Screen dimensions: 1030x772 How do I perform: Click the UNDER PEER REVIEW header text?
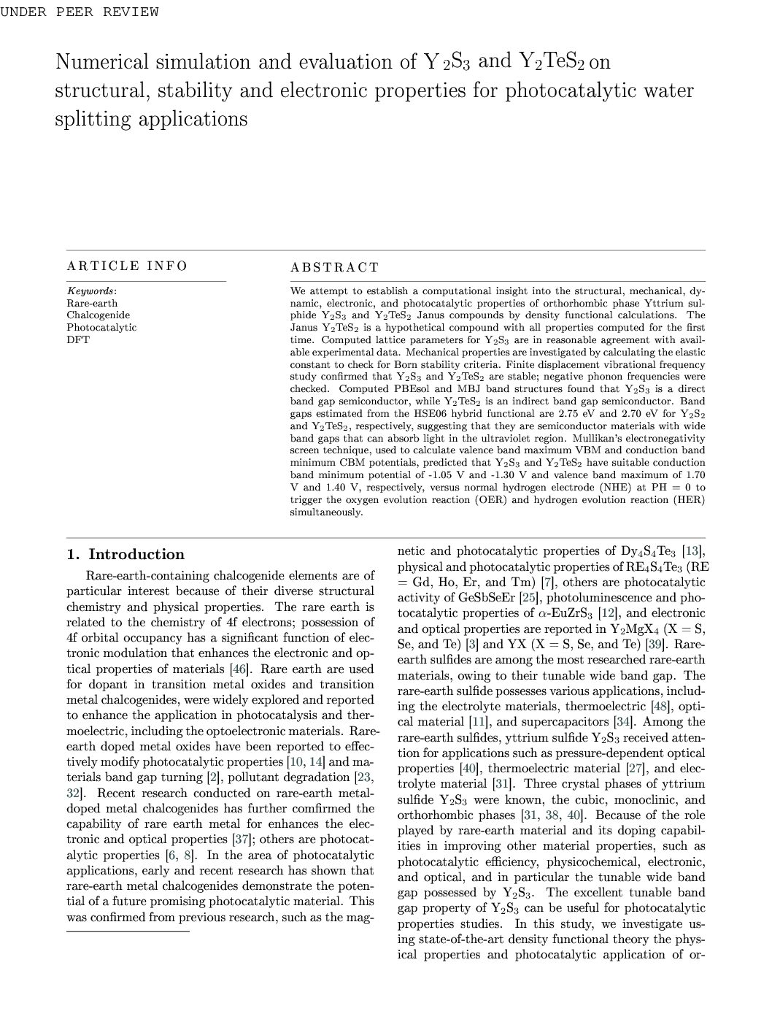coord(80,12)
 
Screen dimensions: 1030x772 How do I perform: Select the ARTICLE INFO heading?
coord(127,266)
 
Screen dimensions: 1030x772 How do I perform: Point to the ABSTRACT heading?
coord(335,268)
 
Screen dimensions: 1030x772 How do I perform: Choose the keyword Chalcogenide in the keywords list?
coord(99,315)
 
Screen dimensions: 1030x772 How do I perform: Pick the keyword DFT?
coord(78,339)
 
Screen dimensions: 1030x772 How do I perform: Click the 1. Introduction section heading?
coord(126,555)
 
